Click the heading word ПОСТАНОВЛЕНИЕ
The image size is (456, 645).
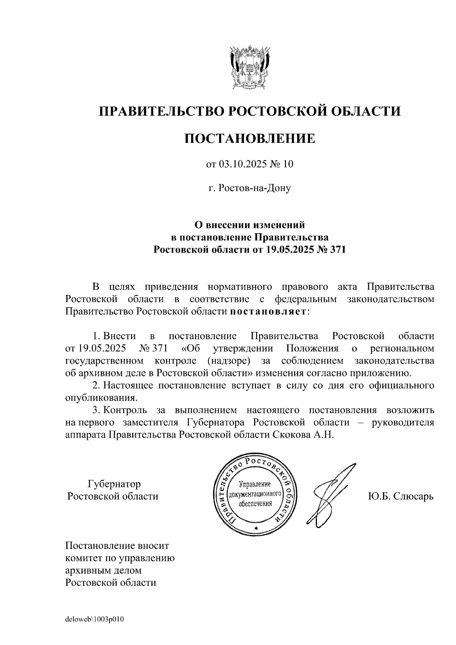pos(250,138)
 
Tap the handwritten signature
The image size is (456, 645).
pos(331,494)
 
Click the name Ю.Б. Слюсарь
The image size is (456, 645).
pos(401,496)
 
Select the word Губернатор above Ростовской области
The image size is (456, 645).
pos(114,484)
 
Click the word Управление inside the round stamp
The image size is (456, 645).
pos(255,484)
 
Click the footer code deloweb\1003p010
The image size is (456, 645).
pos(95,620)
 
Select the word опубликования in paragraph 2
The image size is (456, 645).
pos(101,398)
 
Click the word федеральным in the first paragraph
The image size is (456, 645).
pos(306,299)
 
